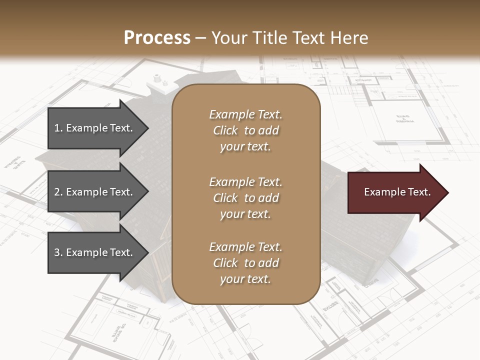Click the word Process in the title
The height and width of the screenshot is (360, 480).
coord(157,38)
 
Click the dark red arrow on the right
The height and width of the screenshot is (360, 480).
coord(395,192)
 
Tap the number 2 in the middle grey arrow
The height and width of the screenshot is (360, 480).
coord(57,192)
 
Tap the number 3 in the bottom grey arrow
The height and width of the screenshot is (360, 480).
coord(57,253)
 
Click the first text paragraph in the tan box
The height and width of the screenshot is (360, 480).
coord(245,130)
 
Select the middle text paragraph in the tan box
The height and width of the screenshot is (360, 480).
coord(245,198)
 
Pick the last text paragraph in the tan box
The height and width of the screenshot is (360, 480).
coord(245,263)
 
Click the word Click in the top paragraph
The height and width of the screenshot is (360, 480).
coord(225,130)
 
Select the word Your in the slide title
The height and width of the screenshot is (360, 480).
coord(231,38)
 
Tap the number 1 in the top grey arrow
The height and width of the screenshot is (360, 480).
coord(57,128)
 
